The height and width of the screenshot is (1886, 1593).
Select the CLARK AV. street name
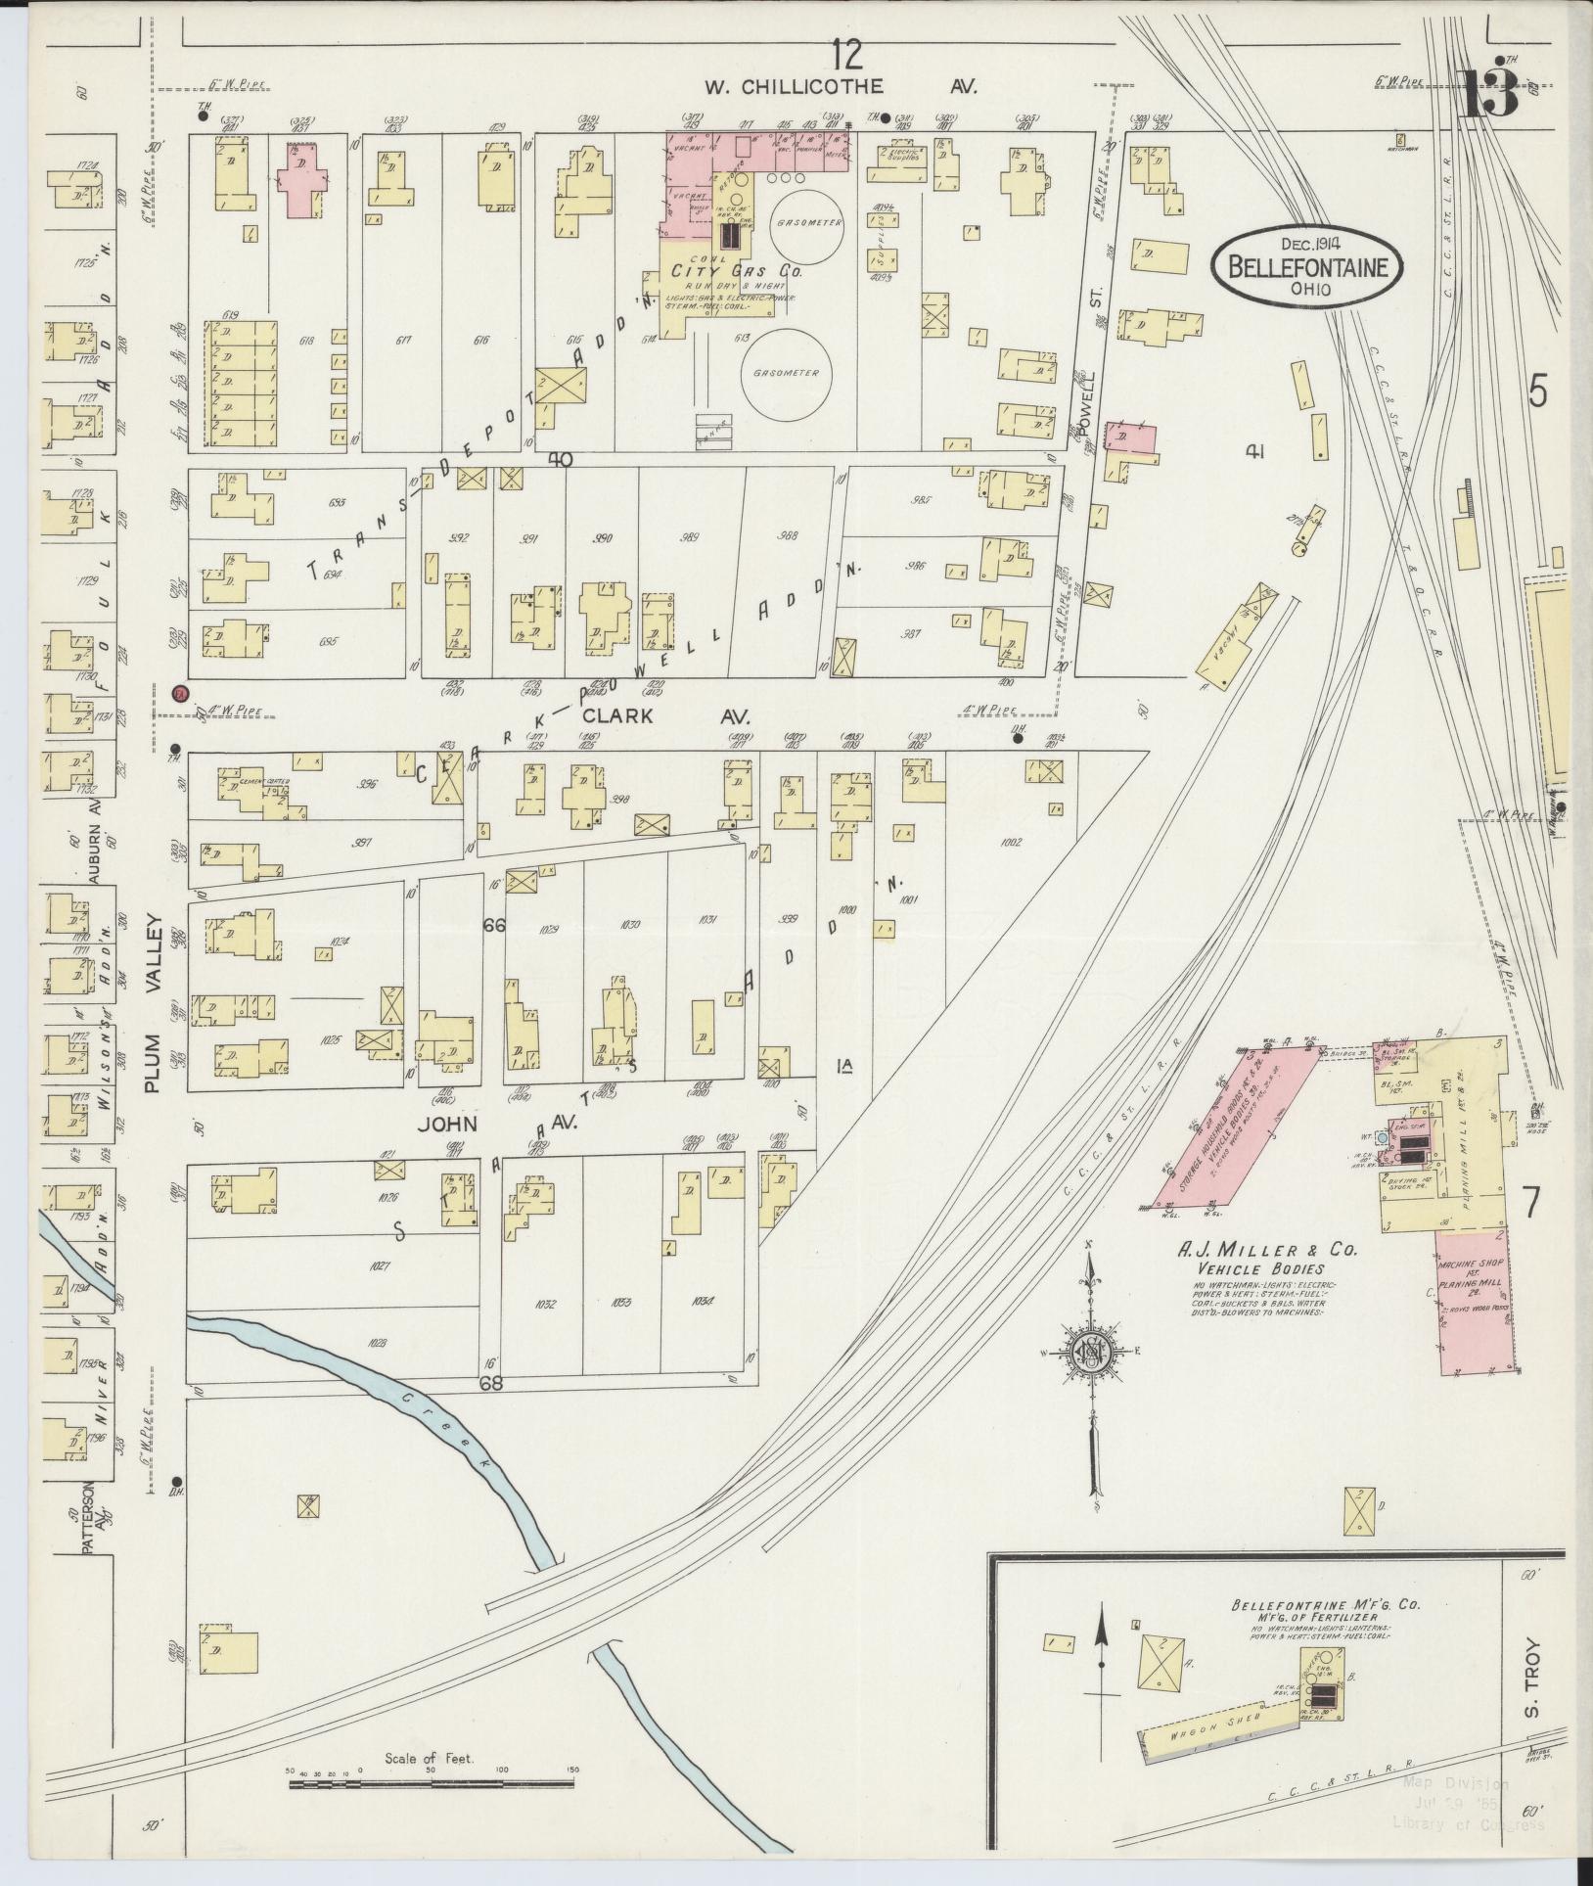point(685,716)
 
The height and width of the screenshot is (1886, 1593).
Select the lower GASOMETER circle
point(794,374)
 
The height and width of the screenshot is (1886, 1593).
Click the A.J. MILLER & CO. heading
point(1261,1251)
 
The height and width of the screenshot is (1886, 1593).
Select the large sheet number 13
point(1491,96)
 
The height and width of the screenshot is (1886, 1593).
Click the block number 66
point(494,923)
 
